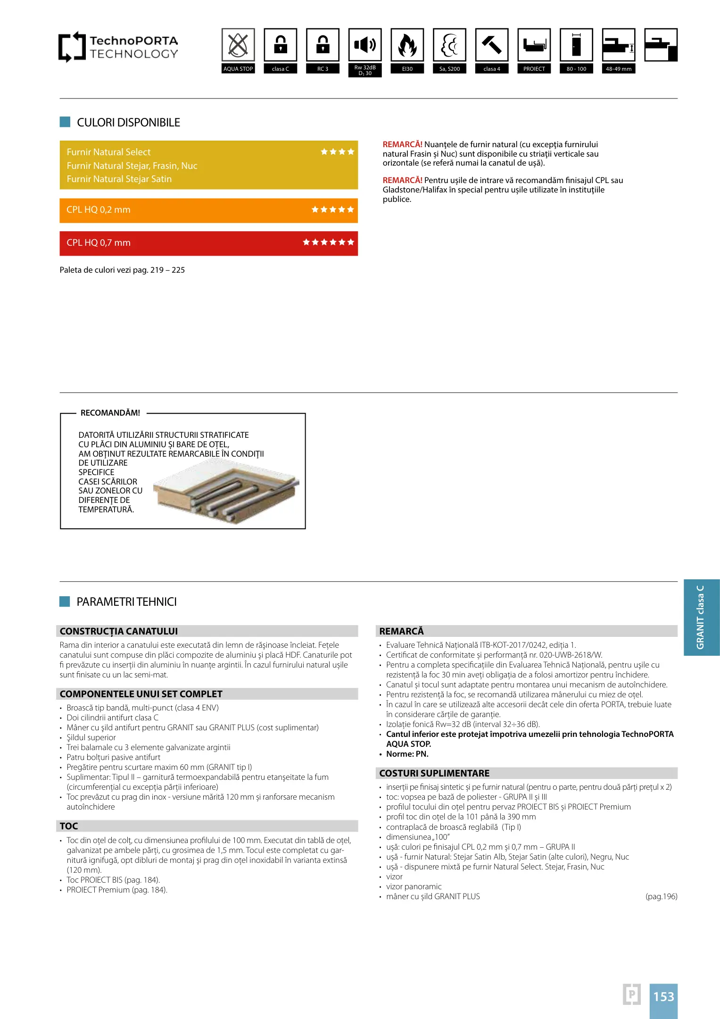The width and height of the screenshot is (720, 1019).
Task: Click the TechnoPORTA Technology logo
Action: tap(118, 47)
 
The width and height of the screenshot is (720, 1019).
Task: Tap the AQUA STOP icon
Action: tap(238, 45)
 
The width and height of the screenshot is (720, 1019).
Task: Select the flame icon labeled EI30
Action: tap(407, 45)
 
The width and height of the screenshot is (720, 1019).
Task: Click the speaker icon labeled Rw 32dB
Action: tap(365, 45)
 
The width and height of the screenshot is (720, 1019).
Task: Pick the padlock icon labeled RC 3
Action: tap(323, 45)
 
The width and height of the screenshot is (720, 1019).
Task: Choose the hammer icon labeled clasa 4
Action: tap(492, 45)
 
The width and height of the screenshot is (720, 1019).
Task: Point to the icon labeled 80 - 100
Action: tap(576, 45)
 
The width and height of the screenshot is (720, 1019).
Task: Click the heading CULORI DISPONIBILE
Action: tap(128, 123)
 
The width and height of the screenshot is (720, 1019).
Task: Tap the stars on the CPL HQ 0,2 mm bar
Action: tap(332, 209)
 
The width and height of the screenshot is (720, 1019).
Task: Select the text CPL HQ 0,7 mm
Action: tap(99, 243)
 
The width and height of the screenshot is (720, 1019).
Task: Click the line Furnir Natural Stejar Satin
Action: tap(119, 179)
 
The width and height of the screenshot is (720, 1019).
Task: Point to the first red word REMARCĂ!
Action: tap(402, 144)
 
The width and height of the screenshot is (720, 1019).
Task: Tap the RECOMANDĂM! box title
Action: tap(110, 413)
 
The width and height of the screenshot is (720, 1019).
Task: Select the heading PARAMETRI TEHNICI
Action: tap(126, 602)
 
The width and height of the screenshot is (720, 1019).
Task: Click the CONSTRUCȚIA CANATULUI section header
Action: tap(119, 631)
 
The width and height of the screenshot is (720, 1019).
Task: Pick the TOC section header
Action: tap(69, 826)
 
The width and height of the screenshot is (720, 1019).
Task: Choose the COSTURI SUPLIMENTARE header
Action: tap(434, 773)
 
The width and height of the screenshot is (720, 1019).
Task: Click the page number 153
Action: tap(663, 996)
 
